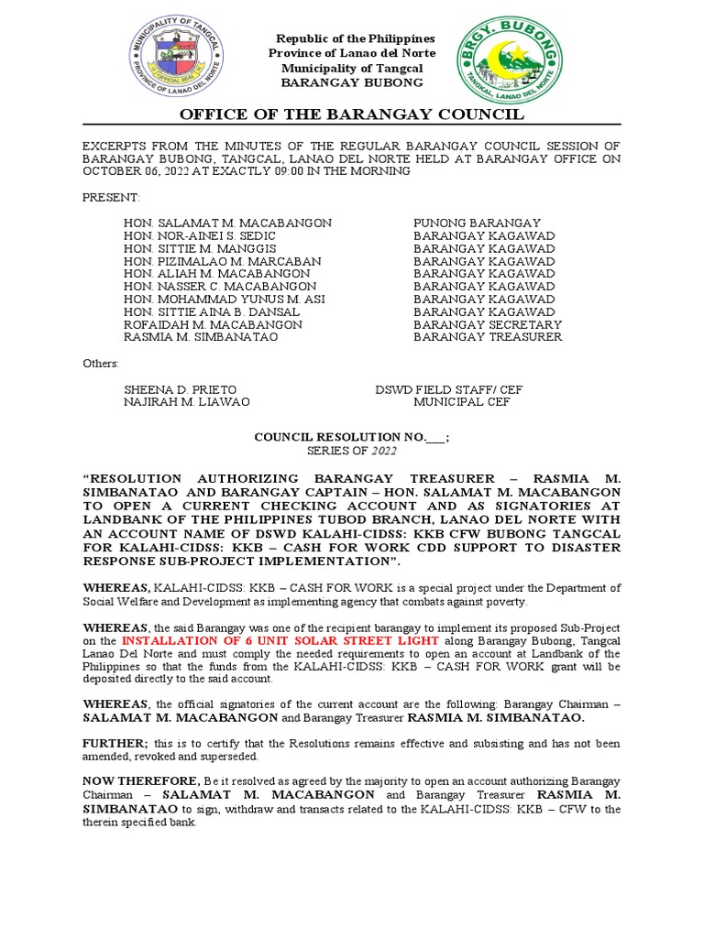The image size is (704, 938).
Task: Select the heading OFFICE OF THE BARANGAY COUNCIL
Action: [x=351, y=115]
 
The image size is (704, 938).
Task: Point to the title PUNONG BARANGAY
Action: [x=477, y=223]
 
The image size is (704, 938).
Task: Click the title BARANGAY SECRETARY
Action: [x=488, y=324]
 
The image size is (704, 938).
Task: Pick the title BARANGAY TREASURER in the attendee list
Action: [x=488, y=337]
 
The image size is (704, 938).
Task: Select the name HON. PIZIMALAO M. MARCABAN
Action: [x=223, y=261]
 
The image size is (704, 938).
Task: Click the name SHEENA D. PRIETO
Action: [x=180, y=389]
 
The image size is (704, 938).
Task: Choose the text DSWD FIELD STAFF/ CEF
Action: [x=449, y=389]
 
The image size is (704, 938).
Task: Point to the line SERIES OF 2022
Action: [x=351, y=452]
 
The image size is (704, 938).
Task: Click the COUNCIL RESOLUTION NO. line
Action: [x=351, y=439]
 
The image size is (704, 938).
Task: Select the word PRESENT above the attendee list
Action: [x=111, y=198]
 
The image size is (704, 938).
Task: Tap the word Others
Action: [x=101, y=364]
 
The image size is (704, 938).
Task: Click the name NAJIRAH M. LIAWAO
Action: [x=186, y=402]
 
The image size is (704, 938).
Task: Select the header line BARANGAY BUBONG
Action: [x=352, y=82]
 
